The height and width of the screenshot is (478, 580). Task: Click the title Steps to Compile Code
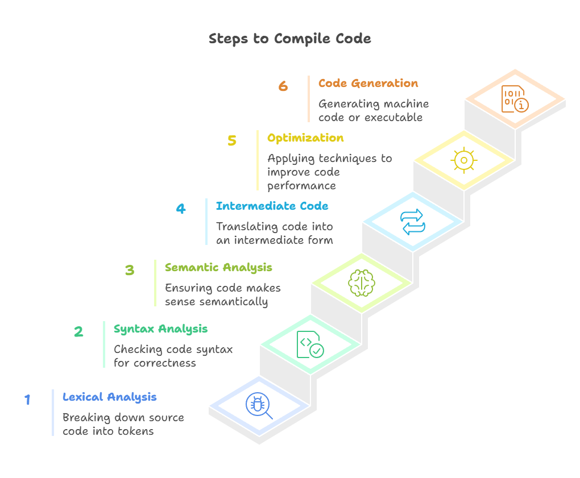(x=289, y=39)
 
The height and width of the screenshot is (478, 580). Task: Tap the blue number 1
(x=27, y=400)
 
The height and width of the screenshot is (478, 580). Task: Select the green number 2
(x=78, y=332)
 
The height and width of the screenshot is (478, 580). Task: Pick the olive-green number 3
(x=130, y=270)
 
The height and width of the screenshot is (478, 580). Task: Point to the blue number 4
(x=180, y=209)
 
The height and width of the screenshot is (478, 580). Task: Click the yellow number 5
(x=232, y=141)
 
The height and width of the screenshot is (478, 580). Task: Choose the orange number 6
(x=283, y=86)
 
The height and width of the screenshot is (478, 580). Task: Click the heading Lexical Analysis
(x=110, y=397)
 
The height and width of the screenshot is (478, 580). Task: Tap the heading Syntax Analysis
(x=160, y=329)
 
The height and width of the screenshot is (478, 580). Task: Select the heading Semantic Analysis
(x=218, y=267)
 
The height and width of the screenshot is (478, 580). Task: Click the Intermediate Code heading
(x=272, y=206)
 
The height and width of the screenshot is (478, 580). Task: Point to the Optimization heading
(x=305, y=138)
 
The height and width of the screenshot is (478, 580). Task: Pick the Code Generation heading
(x=368, y=83)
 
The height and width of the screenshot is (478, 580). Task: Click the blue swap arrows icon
(x=412, y=222)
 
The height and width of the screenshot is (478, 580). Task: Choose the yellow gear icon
(x=463, y=161)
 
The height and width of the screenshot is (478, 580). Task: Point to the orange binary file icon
(x=515, y=99)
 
